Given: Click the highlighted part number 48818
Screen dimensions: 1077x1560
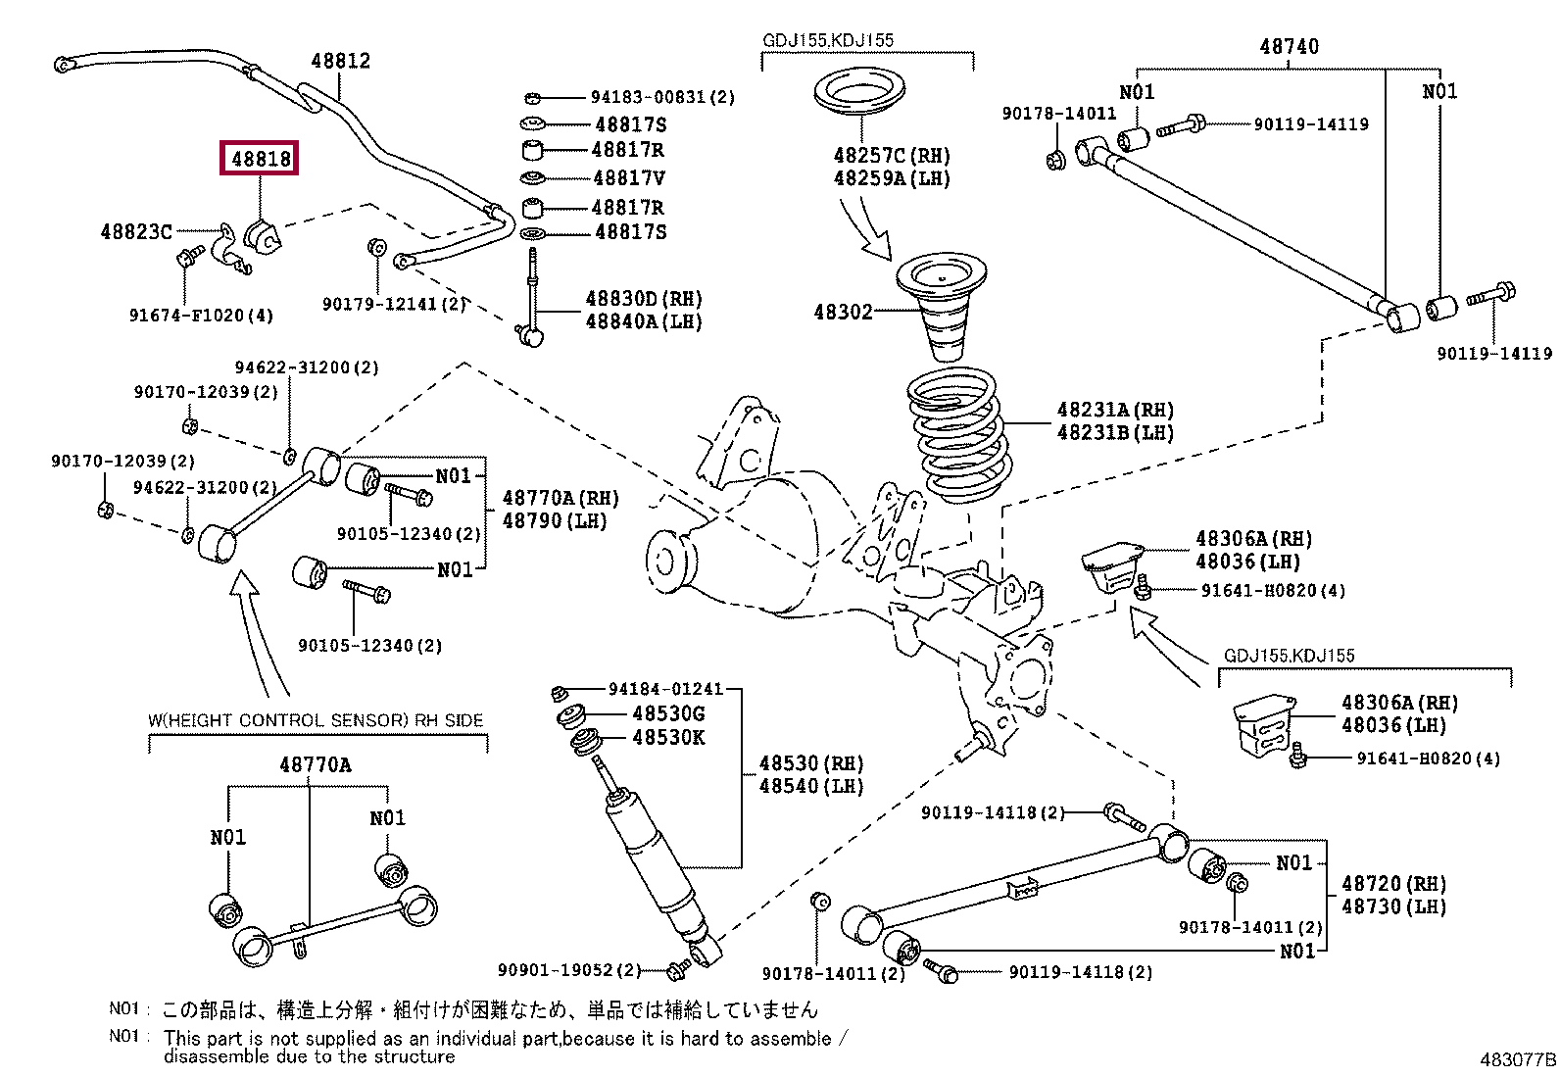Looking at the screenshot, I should [x=261, y=158].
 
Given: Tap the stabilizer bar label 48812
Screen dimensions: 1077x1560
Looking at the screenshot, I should [x=340, y=61].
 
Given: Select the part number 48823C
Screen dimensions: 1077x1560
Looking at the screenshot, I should [x=136, y=232].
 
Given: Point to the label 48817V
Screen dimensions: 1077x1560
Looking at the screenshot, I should [x=628, y=178].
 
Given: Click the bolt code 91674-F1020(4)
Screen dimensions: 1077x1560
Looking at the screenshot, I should [x=201, y=316].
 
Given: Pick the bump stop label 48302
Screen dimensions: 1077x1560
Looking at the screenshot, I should [x=842, y=312].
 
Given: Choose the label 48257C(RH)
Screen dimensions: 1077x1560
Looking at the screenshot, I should [x=891, y=156].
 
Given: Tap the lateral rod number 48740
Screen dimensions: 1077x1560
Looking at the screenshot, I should [x=1289, y=46].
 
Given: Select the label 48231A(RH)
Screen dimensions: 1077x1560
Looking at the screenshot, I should [x=1114, y=410].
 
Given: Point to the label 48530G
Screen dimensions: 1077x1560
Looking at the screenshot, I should [x=668, y=713].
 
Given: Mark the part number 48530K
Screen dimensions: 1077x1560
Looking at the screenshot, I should [x=668, y=737].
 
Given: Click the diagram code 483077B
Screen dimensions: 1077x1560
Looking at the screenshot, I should [x=1517, y=1059].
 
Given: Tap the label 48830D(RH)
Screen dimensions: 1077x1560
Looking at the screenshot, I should [x=644, y=299].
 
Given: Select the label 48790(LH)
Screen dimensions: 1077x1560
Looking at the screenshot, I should [x=555, y=521].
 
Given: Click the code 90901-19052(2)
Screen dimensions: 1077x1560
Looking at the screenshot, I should [x=568, y=970].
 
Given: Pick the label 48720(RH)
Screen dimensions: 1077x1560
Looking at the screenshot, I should [x=1393, y=884].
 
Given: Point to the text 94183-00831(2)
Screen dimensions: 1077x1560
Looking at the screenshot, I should [x=662, y=97].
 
